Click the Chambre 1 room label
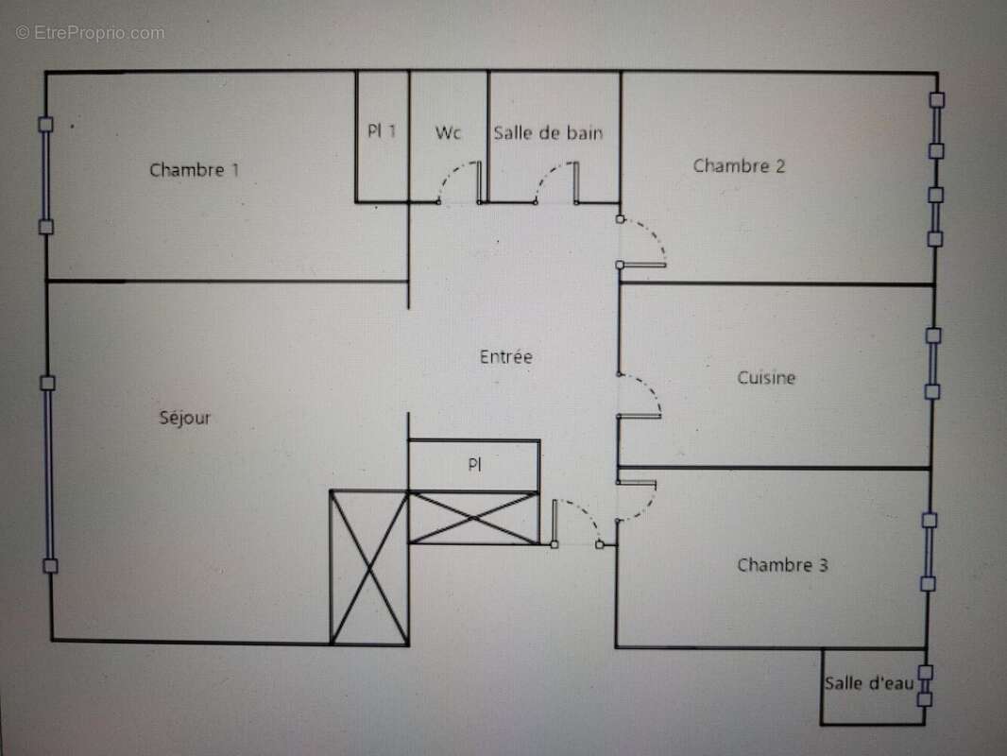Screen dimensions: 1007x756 pyautogui.click(x=194, y=170)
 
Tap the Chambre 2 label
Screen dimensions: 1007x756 pyautogui.click(x=739, y=165)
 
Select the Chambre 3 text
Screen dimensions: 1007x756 pyautogui.click(x=782, y=565)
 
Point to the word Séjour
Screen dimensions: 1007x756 pyautogui.click(x=185, y=418)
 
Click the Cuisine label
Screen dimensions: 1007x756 pyautogui.click(x=766, y=378)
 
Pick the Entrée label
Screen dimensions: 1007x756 pyautogui.click(x=506, y=356)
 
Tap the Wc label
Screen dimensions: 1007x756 pyautogui.click(x=448, y=133)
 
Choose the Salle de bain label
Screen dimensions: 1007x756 pyautogui.click(x=548, y=133)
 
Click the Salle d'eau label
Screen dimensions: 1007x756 pyautogui.click(x=869, y=683)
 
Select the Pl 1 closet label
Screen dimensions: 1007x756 pyautogui.click(x=382, y=131)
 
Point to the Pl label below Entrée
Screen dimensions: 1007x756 pyautogui.click(x=474, y=464)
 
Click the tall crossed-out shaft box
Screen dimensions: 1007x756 pyautogui.click(x=369, y=568)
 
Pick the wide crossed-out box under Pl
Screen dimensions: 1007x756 pyautogui.click(x=474, y=519)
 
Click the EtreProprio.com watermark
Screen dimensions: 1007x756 pyautogui.click(x=90, y=33)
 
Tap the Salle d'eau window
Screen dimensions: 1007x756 pyautogui.click(x=925, y=686)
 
